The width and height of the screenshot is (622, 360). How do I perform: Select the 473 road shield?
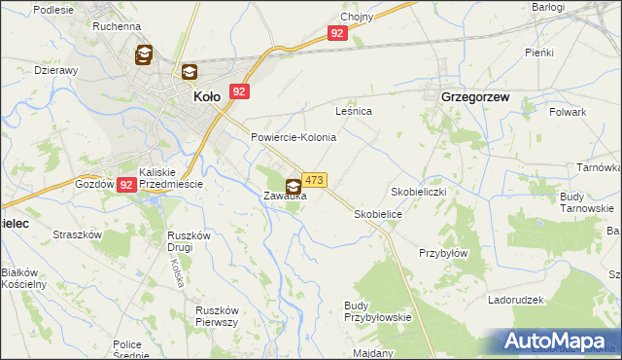click(314, 180)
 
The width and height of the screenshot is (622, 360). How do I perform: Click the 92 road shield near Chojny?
click(337, 33)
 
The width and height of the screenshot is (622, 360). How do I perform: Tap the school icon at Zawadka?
click(294, 185)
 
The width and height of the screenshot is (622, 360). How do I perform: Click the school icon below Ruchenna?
click(144, 54)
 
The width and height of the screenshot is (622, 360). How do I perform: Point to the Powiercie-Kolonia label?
click(294, 137)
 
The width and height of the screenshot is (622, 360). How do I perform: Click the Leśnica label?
click(354, 112)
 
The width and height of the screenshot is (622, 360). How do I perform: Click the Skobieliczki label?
click(419, 192)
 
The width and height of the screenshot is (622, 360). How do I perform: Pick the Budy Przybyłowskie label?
click(379, 310)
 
